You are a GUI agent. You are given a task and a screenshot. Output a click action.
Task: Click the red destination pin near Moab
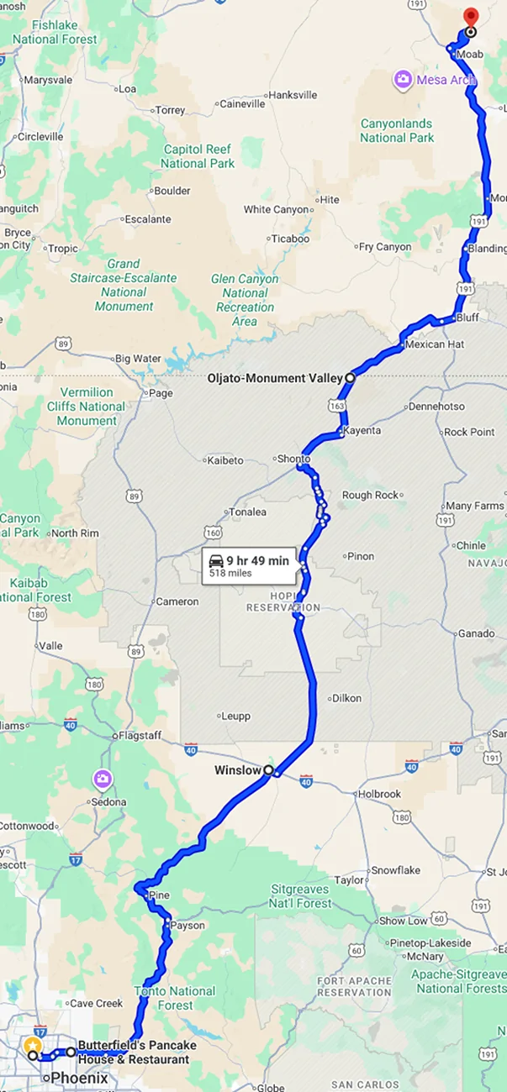click(470, 17)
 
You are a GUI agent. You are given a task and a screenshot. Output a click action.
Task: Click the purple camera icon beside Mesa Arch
click(404, 80)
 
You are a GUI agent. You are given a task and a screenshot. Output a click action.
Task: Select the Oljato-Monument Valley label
click(275, 378)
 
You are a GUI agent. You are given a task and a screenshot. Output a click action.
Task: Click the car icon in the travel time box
click(216, 561)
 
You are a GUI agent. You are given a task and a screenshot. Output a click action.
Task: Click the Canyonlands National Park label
click(397, 130)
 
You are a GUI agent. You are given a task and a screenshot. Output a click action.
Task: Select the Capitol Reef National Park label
click(198, 156)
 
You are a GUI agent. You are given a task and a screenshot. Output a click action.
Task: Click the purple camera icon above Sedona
click(103, 780)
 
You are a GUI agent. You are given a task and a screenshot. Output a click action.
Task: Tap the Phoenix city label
click(80, 1078)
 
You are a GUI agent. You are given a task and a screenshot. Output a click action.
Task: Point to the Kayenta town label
click(362, 430)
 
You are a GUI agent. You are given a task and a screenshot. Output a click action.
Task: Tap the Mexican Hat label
click(434, 344)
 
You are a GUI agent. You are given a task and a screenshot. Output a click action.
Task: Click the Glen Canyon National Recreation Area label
click(245, 300)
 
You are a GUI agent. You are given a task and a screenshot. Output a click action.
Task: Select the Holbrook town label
click(379, 793)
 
